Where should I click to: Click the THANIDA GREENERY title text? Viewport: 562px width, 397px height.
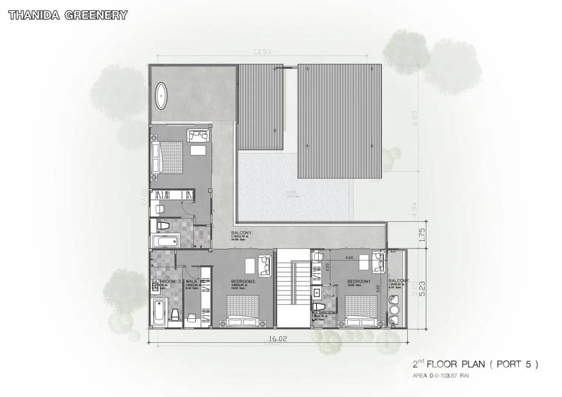pos(68,15)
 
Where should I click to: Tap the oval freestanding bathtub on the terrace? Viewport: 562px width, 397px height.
pos(161,96)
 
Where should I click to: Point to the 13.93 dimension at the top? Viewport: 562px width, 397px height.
pos(262,52)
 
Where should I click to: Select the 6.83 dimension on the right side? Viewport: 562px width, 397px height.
pos(415,118)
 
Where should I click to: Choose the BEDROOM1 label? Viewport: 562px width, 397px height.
pos(359,282)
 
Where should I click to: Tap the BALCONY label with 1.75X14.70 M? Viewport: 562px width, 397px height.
pos(241,233)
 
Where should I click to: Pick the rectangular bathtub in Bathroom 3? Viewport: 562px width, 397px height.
pos(159,312)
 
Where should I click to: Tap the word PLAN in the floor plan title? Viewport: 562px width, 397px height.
pos(472,364)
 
